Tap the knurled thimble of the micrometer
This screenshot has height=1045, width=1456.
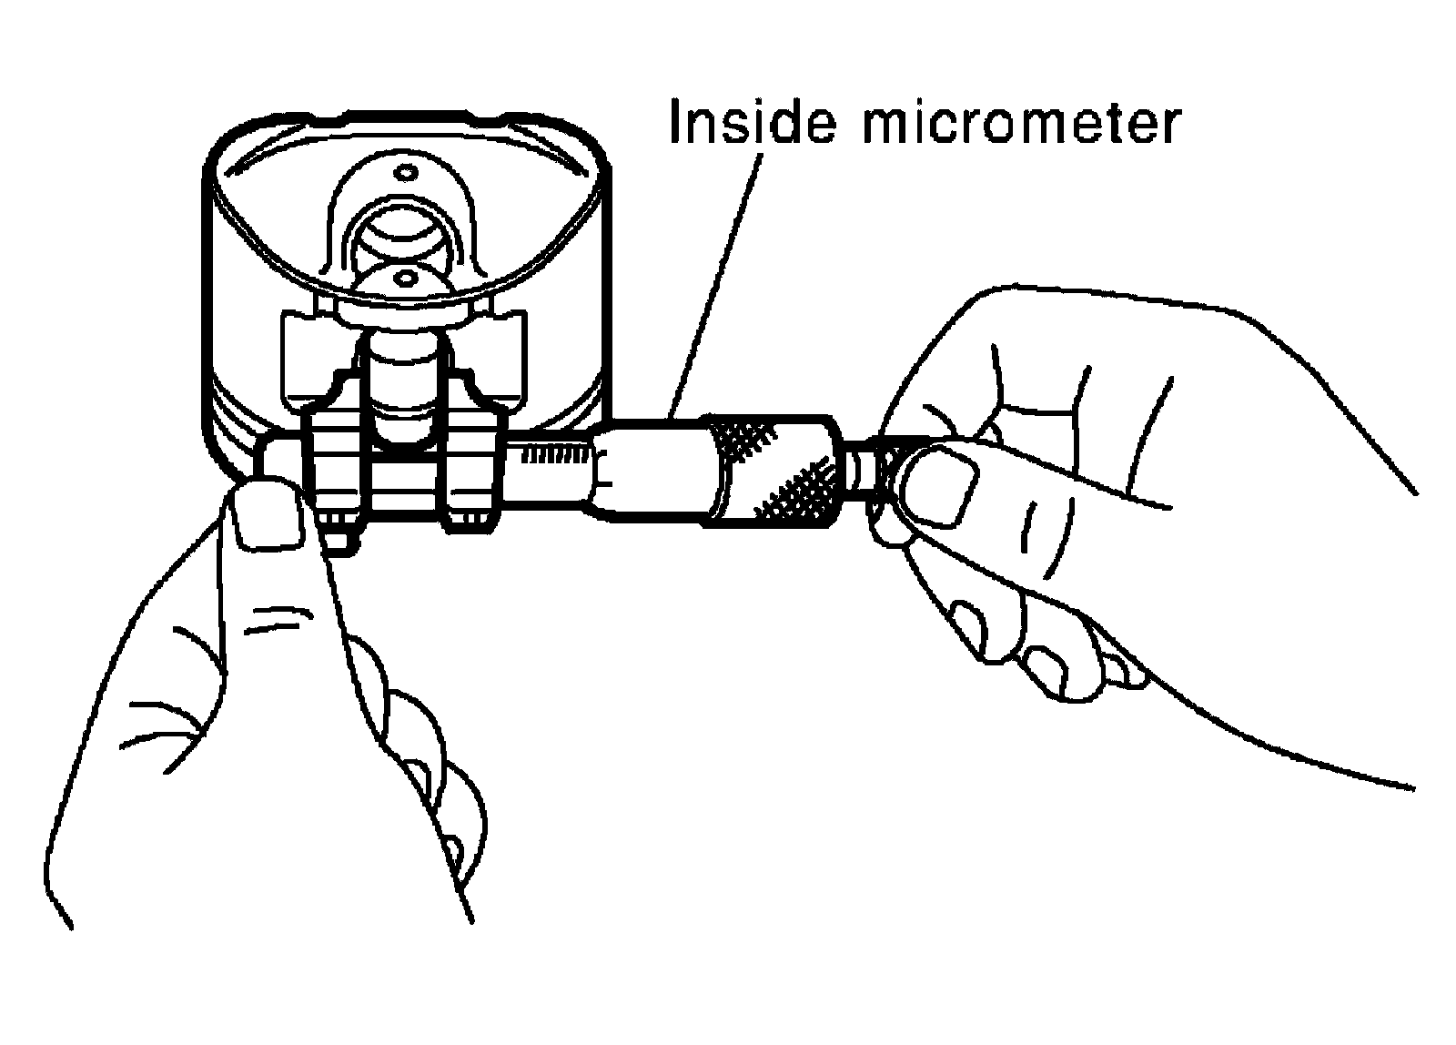773,472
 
